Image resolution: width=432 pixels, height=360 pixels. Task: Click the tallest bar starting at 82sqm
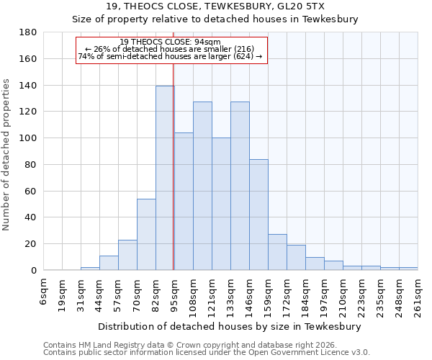pos(165,178)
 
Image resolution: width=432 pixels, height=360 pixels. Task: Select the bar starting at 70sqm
pos(146,235)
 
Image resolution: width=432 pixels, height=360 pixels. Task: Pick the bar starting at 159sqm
pos(277,252)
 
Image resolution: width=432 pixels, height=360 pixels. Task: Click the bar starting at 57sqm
pos(127,255)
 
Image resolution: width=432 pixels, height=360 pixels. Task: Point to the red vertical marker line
pos(174,180)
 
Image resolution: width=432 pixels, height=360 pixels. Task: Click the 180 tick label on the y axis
pos(28,32)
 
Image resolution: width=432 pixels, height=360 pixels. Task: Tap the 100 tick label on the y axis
pos(28,138)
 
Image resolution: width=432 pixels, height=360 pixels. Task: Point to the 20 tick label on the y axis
pos(31,244)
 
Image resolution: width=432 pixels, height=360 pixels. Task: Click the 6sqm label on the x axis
pos(44,291)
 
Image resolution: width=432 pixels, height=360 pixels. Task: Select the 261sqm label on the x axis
pos(418,295)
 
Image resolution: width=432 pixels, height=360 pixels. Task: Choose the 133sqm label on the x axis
pos(231,295)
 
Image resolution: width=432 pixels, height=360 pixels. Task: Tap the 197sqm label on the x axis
pos(325,295)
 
